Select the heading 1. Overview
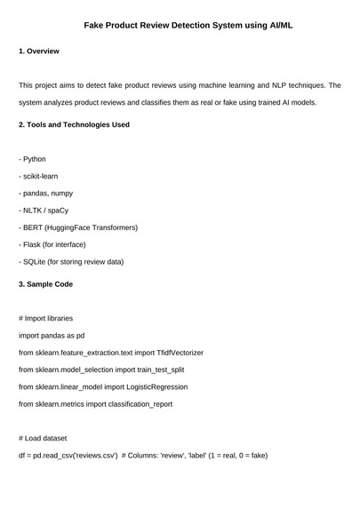point(39,52)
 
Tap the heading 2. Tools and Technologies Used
point(74,125)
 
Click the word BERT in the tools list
point(33,227)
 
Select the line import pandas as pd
point(52,336)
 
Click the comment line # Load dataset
point(42,438)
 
